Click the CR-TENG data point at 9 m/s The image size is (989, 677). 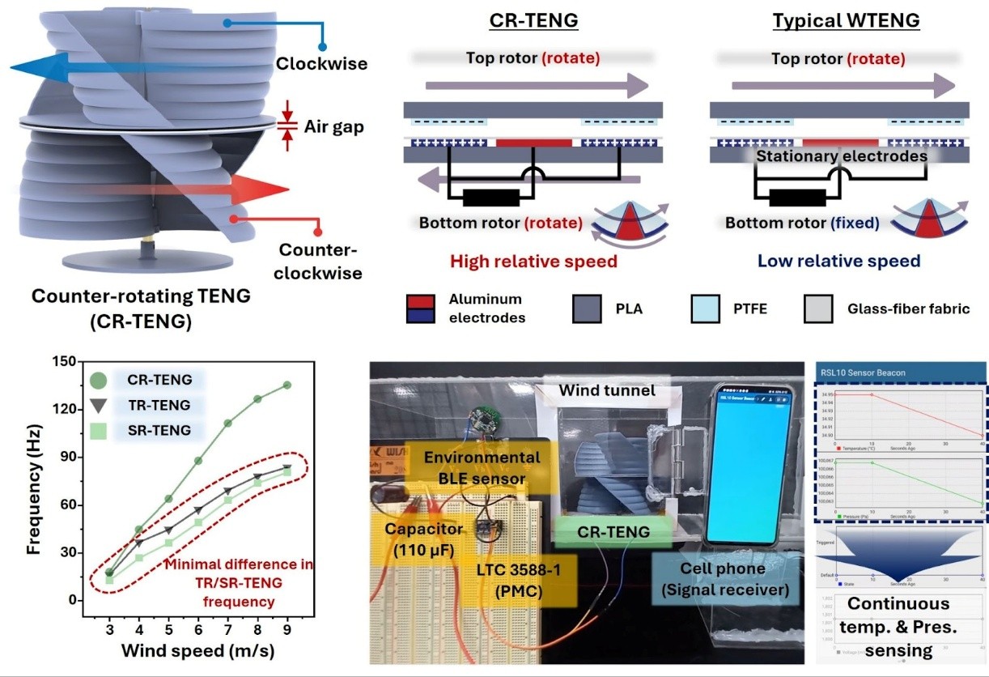[287, 385]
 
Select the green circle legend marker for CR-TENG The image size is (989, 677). [99, 380]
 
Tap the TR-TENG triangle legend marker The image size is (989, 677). [99, 405]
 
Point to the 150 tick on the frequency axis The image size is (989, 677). [67, 362]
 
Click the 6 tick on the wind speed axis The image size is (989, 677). [198, 629]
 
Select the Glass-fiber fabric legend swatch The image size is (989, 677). [819, 309]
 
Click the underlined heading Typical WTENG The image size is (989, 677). [847, 20]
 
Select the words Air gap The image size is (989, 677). [333, 126]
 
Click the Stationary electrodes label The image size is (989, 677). [842, 155]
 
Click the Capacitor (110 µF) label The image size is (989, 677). [423, 539]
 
